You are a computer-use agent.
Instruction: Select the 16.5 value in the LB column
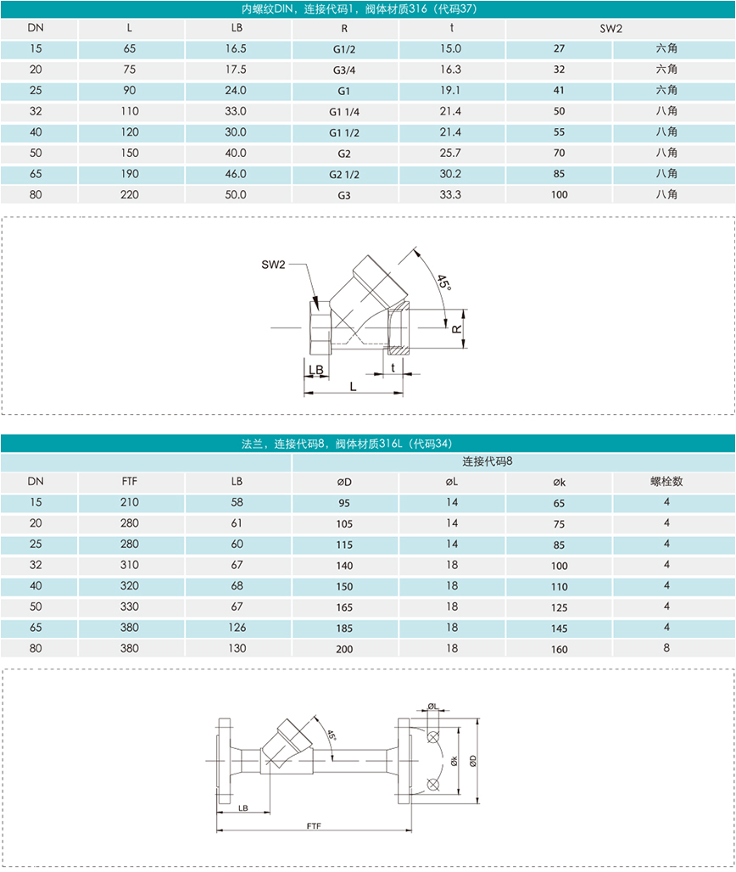(237, 49)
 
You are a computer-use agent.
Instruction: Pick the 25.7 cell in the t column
(451, 154)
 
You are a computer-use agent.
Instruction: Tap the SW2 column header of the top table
(611, 29)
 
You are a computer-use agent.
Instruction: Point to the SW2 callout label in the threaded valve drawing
(273, 266)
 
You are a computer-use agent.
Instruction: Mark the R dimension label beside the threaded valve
(456, 327)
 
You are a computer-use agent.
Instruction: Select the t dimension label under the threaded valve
(393, 367)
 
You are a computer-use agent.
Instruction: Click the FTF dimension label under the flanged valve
(313, 825)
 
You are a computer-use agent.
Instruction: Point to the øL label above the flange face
(432, 706)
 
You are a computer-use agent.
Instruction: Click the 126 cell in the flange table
(237, 628)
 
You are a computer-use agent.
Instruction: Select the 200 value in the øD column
(344, 649)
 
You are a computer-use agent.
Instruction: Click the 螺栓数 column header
(666, 481)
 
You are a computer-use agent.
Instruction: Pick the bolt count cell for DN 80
(666, 648)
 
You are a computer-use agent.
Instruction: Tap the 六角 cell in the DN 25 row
(666, 91)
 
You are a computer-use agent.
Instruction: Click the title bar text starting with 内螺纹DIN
(367, 9)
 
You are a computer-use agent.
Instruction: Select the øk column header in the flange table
(559, 482)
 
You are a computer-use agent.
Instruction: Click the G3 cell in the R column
(344, 195)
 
